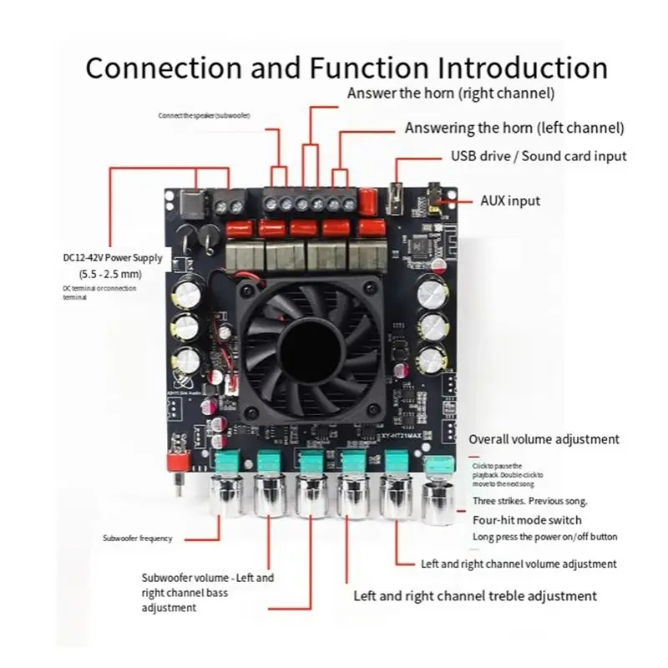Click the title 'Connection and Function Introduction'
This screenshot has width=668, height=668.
(x=346, y=67)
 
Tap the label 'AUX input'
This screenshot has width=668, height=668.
(x=509, y=200)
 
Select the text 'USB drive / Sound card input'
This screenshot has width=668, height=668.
(x=539, y=155)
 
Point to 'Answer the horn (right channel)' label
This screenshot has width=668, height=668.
(x=451, y=93)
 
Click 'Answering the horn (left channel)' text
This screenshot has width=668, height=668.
(x=514, y=128)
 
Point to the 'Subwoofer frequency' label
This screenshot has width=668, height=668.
(x=137, y=538)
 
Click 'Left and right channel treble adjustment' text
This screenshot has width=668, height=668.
(x=475, y=595)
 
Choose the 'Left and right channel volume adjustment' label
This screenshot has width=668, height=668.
(x=519, y=564)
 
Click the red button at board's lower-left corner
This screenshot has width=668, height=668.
(x=176, y=461)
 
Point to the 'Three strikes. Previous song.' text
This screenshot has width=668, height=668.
(x=529, y=501)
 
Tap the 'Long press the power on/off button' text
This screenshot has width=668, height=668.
(x=544, y=537)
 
